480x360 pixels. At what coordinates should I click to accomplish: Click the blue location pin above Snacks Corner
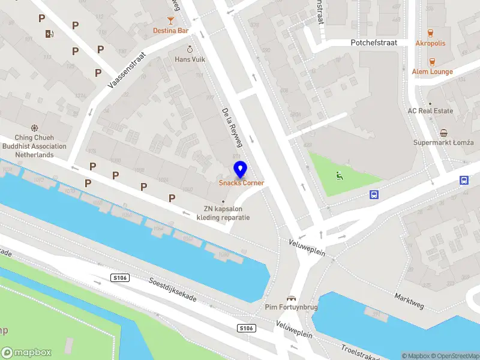(241, 170)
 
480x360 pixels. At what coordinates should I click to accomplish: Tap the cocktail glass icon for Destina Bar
(171, 19)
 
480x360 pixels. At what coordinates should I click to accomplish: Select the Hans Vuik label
(190, 59)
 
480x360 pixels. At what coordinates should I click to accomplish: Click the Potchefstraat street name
(374, 43)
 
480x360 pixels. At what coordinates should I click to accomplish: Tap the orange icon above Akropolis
(430, 32)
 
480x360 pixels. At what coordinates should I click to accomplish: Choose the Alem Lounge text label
(432, 71)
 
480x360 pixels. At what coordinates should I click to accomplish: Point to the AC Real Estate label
(430, 111)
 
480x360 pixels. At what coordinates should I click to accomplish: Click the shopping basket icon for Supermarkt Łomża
(443, 133)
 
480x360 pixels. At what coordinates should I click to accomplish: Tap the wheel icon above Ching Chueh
(35, 128)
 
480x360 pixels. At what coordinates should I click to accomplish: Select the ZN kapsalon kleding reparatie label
(223, 213)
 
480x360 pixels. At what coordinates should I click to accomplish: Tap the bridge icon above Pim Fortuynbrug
(292, 298)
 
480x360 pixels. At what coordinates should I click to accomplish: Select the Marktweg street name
(409, 302)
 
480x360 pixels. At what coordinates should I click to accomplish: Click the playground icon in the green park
(340, 176)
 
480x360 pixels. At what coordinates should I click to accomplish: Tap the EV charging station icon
(49, 34)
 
